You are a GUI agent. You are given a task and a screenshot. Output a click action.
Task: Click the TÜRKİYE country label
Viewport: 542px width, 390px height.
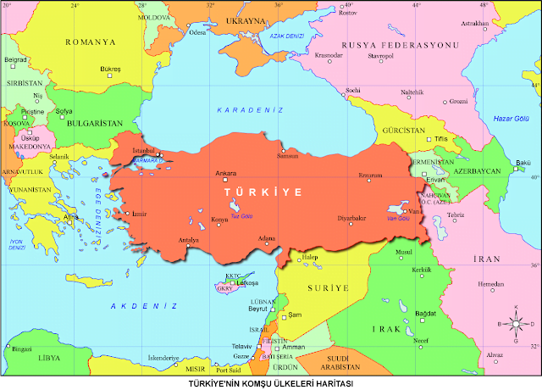(x=264, y=193)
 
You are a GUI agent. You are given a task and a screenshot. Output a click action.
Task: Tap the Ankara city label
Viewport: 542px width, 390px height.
(x=226, y=173)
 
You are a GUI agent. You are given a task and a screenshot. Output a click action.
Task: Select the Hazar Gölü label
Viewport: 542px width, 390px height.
(x=509, y=118)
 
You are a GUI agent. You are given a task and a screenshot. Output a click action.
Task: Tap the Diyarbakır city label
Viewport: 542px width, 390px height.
(x=351, y=218)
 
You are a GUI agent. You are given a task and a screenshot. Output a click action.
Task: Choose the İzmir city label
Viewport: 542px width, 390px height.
(x=140, y=214)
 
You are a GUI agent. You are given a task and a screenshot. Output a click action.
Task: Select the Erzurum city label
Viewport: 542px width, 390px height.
(x=371, y=175)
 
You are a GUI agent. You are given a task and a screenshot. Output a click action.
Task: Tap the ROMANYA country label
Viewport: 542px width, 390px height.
(x=93, y=42)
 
